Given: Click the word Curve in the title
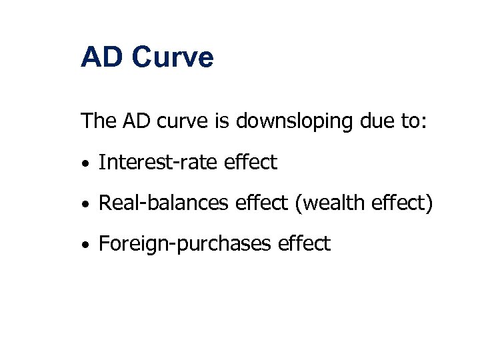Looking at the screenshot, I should click(x=173, y=57).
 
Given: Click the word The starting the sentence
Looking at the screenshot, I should click(x=97, y=121).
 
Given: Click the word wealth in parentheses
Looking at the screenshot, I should click(x=331, y=203).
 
